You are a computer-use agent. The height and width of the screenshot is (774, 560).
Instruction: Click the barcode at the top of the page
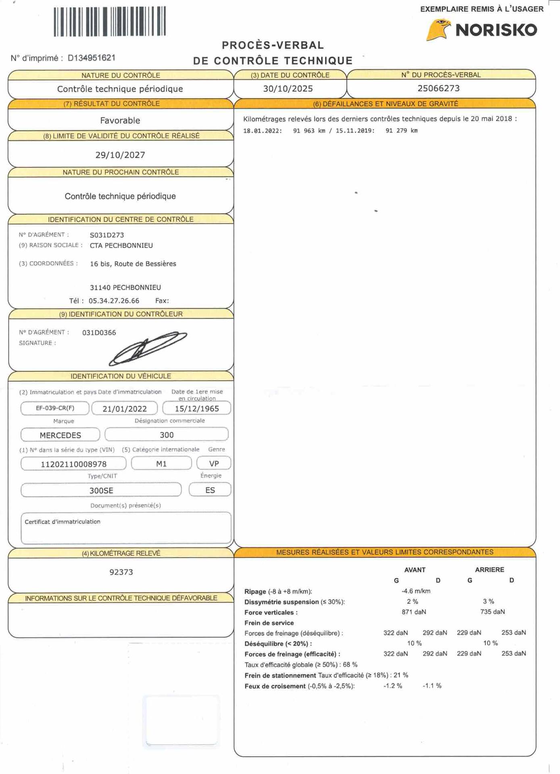110,22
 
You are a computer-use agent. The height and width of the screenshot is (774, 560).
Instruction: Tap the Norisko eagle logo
438,30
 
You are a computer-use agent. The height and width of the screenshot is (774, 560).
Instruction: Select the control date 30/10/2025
288,89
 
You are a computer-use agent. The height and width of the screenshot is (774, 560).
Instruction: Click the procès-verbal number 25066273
438,88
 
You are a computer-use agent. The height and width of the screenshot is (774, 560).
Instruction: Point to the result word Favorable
120,121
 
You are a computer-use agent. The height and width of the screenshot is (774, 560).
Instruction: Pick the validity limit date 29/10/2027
120,155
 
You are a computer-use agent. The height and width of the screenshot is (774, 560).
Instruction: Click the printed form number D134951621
92,58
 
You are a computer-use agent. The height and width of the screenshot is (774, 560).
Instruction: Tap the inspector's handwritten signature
147,348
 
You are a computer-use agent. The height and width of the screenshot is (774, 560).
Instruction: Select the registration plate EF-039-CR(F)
55,408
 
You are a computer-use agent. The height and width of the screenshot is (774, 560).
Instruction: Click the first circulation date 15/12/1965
197,408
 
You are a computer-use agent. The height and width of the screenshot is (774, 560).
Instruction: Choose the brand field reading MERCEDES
60,435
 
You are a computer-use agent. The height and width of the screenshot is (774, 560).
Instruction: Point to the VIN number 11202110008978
73,464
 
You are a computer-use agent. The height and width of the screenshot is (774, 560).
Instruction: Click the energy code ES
210,490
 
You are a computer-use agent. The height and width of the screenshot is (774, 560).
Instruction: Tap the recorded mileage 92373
121,572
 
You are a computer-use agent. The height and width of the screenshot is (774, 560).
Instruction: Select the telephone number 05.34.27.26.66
114,301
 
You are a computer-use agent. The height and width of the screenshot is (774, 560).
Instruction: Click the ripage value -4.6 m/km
416,591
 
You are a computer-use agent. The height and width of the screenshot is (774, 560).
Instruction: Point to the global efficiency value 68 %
350,665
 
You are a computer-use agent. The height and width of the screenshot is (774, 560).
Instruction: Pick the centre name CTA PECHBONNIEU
121,246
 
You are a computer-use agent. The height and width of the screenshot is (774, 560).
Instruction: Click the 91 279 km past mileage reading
401,131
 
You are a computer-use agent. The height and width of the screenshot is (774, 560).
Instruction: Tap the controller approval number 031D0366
99,333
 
